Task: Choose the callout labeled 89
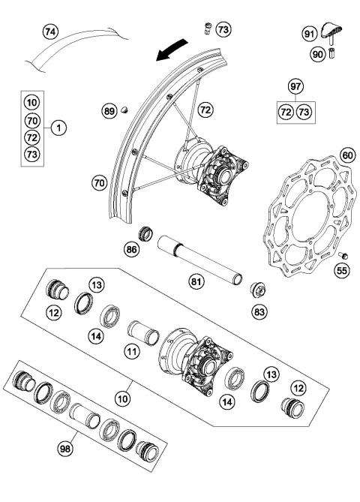pyautogui.click(x=109, y=112)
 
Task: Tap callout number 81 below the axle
pyautogui.click(x=196, y=281)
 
